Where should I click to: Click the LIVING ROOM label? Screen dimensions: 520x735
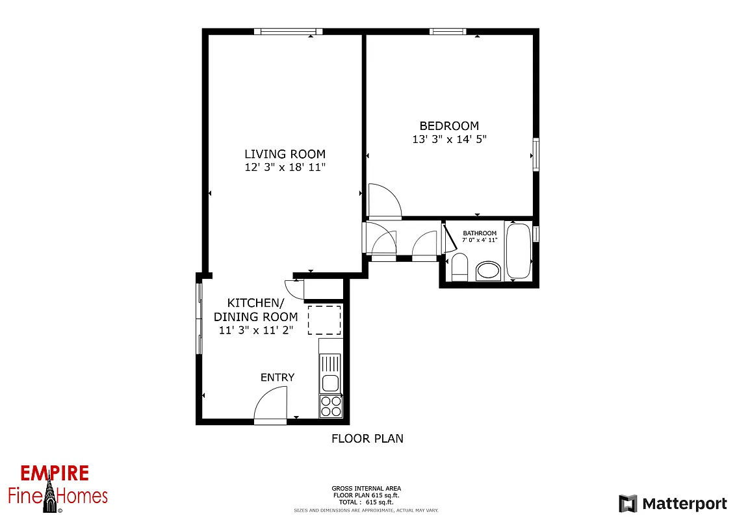click(x=285, y=154)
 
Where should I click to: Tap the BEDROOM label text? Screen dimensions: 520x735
click(x=449, y=126)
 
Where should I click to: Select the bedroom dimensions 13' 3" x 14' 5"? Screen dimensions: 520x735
click(x=449, y=139)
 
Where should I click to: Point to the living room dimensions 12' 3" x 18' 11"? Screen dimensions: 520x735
click(x=285, y=167)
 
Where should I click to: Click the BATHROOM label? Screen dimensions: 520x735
click(x=480, y=233)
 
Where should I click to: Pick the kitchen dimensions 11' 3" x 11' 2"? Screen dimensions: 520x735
click(x=256, y=330)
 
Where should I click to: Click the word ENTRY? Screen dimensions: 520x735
click(x=277, y=378)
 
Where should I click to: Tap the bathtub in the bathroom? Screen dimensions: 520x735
click(x=518, y=251)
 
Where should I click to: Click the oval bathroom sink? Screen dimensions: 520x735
click(x=488, y=270)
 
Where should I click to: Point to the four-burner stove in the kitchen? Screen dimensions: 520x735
click(x=330, y=406)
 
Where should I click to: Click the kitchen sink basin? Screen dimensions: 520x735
click(x=330, y=383)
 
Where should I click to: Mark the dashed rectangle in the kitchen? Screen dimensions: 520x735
click(x=324, y=320)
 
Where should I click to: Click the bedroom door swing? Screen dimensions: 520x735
click(x=384, y=201)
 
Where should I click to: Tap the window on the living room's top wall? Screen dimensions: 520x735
click(x=288, y=31)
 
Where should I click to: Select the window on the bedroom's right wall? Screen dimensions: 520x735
click(x=536, y=154)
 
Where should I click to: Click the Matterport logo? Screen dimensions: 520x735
click(x=673, y=504)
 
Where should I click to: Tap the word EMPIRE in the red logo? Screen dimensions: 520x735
click(x=55, y=473)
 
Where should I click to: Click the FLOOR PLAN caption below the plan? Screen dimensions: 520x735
click(x=367, y=439)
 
